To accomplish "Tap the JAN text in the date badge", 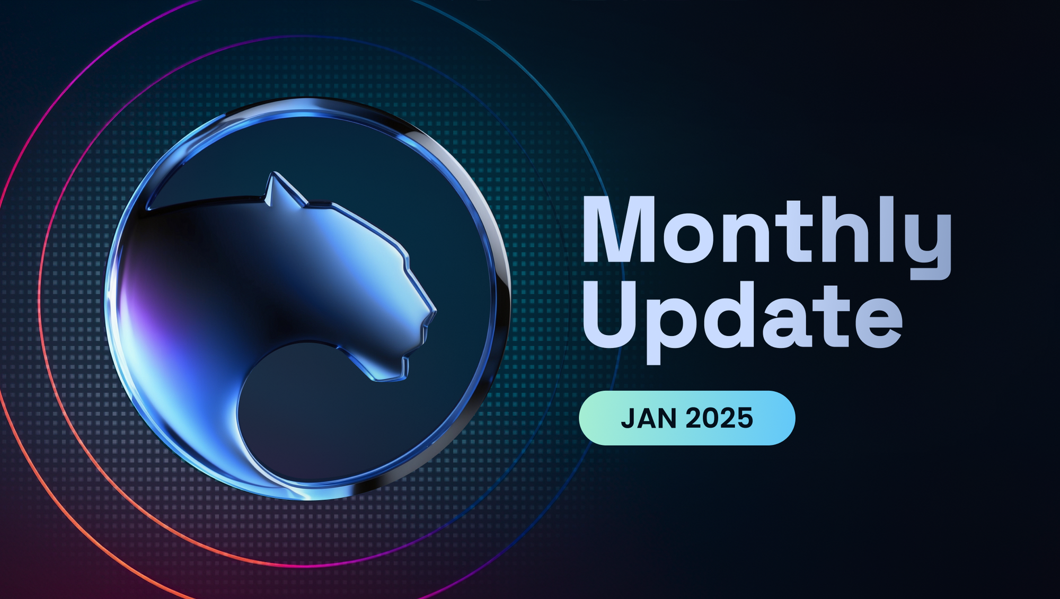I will coord(649,418).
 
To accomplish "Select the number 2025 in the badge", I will coord(720,418).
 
